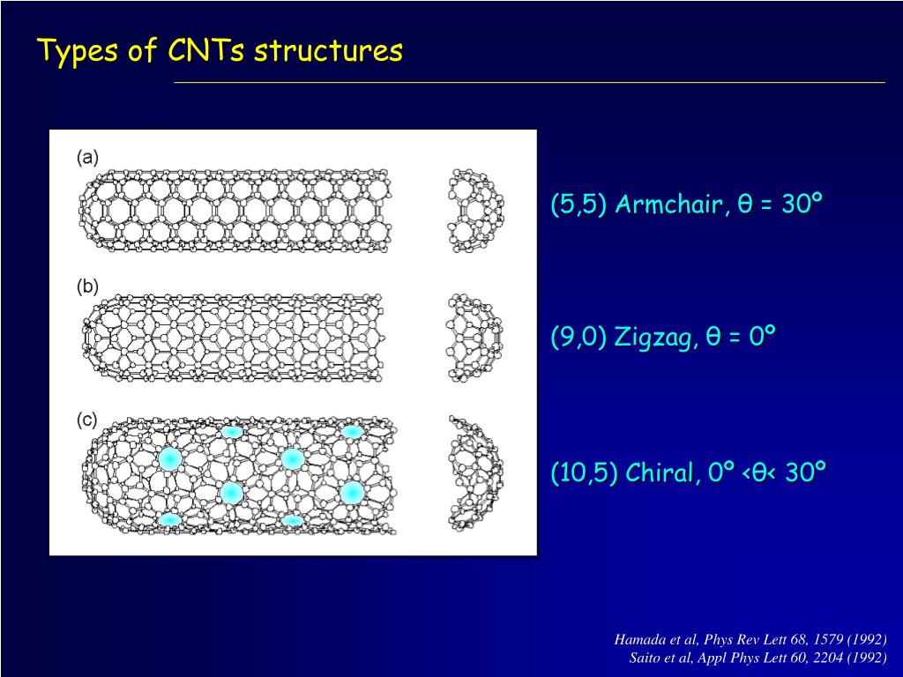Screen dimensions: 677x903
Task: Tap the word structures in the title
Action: click(329, 51)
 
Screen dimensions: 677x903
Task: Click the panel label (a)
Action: click(87, 157)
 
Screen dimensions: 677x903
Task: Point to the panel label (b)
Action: click(87, 286)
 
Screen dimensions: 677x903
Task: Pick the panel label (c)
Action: click(87, 420)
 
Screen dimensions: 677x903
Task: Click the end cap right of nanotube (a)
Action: click(476, 212)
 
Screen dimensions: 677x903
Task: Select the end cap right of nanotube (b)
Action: click(475, 338)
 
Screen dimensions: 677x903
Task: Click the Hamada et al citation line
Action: click(750, 639)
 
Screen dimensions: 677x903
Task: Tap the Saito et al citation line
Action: click(757, 658)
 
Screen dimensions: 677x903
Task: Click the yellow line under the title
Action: click(529, 82)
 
